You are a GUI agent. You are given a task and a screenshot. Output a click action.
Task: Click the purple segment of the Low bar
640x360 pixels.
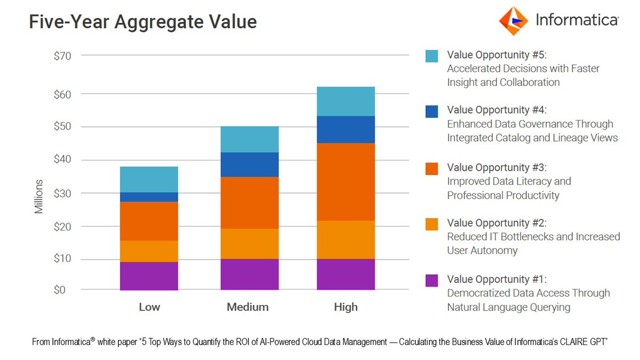[149, 276]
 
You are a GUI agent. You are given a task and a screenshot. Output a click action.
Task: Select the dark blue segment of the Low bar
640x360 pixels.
[149, 197]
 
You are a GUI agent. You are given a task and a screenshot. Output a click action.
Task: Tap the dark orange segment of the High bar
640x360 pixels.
[346, 181]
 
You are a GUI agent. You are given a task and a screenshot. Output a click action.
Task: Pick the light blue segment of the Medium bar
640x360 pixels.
[249, 139]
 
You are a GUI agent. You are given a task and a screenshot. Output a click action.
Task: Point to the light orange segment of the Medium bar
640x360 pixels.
[249, 244]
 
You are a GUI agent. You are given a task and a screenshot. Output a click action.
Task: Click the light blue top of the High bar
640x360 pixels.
[346, 101]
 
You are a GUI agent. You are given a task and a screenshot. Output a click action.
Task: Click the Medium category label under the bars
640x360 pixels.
[247, 307]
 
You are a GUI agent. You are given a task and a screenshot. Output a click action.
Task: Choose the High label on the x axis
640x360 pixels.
[346, 307]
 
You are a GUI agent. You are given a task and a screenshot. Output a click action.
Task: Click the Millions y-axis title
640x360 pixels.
[39, 196]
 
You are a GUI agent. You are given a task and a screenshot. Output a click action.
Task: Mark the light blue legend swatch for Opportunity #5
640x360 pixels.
[431, 55]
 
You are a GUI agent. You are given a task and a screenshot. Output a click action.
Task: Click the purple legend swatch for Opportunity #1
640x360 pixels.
[431, 280]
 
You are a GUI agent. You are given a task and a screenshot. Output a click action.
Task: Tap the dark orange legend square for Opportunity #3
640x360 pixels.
[431, 168]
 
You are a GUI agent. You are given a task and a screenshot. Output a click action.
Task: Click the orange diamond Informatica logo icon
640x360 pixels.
[513, 21]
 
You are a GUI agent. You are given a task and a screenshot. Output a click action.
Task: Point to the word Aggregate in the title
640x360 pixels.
[165, 22]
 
